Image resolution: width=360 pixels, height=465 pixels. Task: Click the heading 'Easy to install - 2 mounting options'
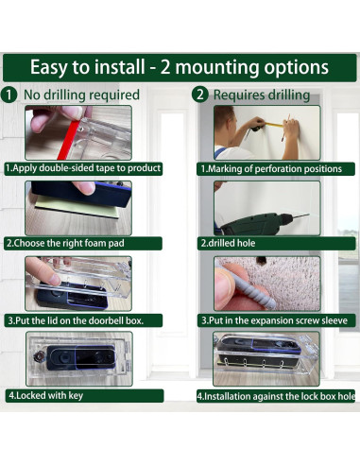[x=180, y=67]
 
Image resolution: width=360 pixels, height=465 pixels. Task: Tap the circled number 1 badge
[x=9, y=95]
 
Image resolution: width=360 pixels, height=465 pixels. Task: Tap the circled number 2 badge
[x=200, y=95]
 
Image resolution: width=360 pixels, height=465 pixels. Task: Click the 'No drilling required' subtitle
[x=81, y=95]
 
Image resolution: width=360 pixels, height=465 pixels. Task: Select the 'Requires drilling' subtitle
[x=262, y=95]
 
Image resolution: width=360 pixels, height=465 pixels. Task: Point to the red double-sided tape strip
[x=68, y=140]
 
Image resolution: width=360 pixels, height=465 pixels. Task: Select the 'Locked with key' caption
[x=46, y=396]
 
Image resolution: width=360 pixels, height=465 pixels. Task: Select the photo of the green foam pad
[x=78, y=208]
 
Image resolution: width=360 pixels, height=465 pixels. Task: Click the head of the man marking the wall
[x=225, y=122]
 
